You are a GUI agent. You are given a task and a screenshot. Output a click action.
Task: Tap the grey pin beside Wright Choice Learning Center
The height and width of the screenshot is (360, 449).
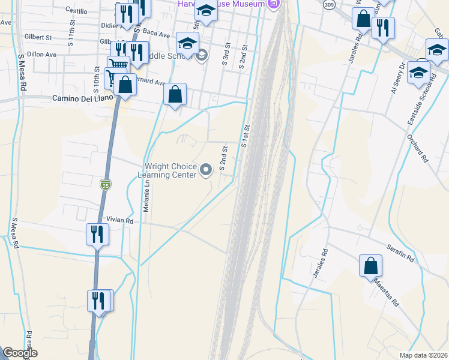click(x=206, y=170)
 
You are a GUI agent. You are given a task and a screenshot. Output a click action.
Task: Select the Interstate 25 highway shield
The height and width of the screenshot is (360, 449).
click(x=106, y=184)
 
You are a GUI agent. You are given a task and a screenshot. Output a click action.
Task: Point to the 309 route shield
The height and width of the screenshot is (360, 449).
click(x=328, y=4)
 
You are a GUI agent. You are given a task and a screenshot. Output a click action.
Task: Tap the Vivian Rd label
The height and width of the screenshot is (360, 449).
click(x=119, y=220)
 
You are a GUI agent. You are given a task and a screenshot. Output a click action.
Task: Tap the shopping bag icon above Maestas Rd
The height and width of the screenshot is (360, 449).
click(x=371, y=265)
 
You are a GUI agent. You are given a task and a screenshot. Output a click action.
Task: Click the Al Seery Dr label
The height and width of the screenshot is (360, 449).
click(x=397, y=78)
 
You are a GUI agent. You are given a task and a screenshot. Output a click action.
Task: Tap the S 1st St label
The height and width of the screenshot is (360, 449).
click(x=246, y=136)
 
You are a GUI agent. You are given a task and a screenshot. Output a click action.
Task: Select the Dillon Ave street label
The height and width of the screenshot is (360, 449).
click(x=41, y=54)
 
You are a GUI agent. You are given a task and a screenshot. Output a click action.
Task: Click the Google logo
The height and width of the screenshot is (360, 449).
click(x=20, y=353)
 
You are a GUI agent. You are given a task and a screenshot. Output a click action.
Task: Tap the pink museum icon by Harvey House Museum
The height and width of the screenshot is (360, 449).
click(x=274, y=4)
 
